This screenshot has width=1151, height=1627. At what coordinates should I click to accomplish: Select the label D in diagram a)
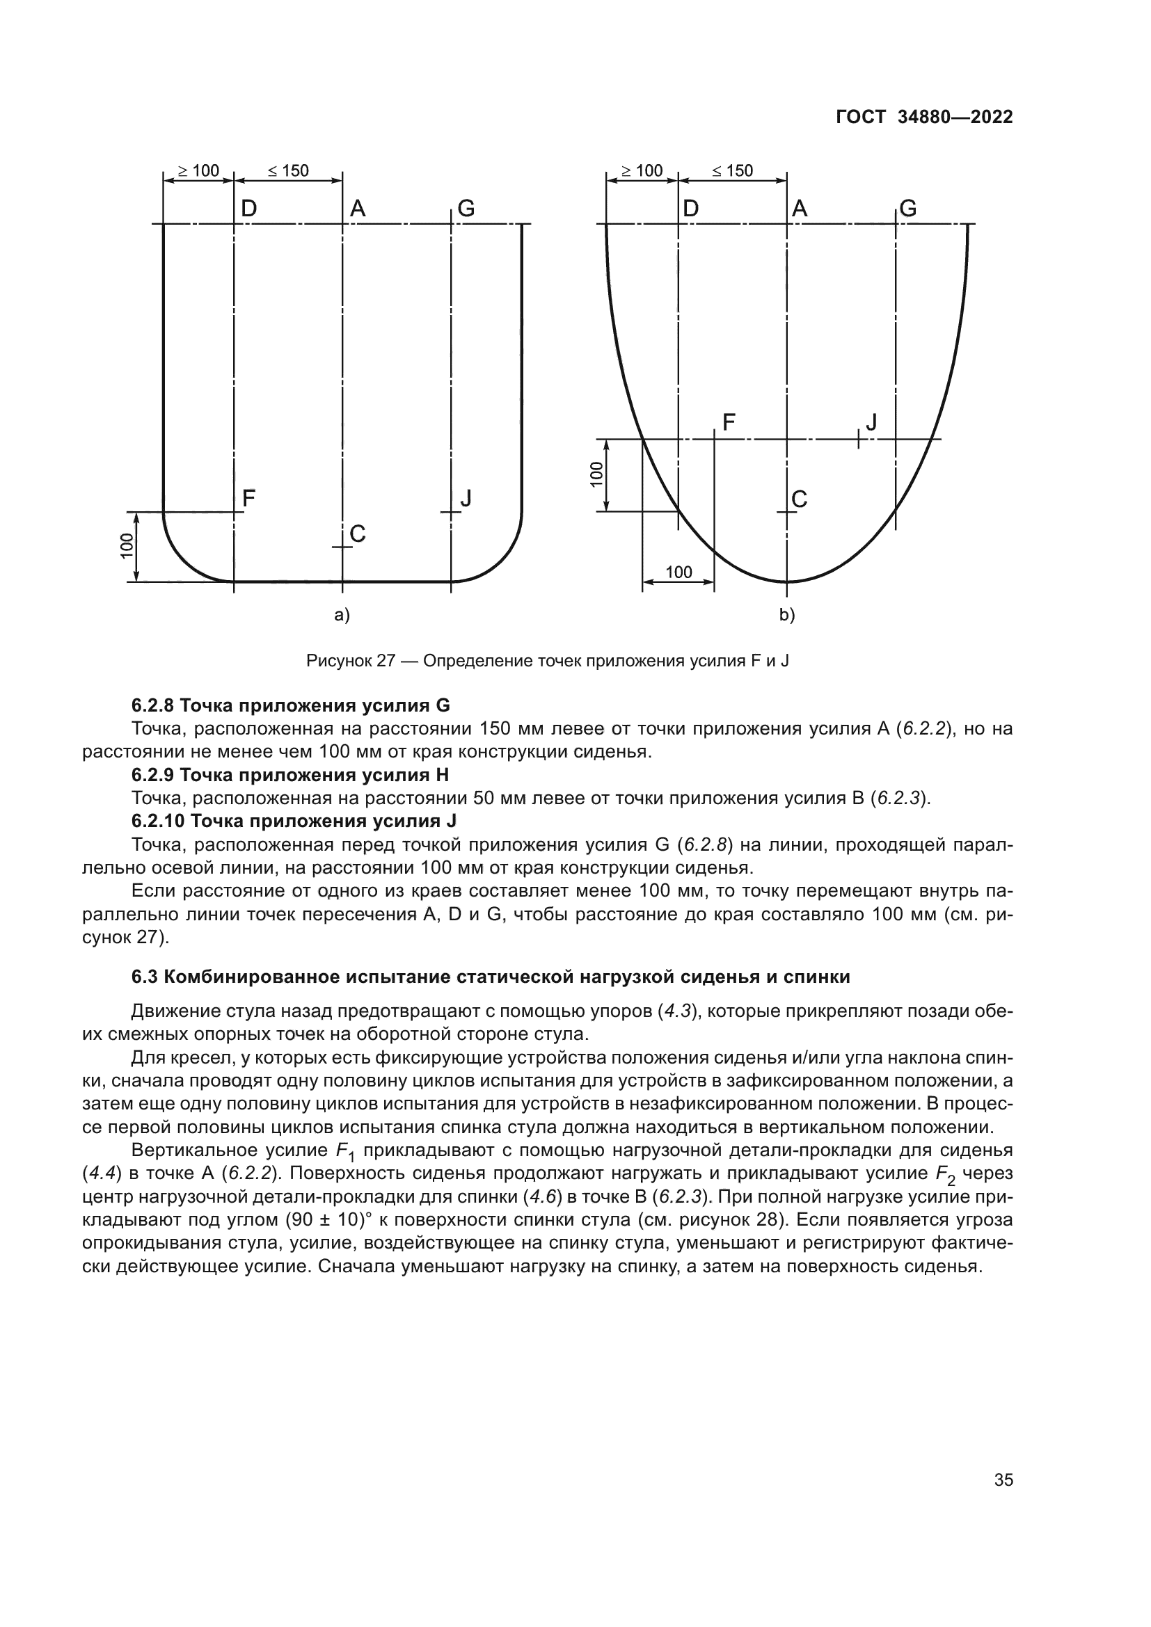click(x=248, y=209)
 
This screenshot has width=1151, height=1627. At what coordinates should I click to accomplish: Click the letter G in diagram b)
click(x=908, y=209)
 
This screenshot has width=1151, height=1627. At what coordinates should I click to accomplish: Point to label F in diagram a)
click(x=248, y=499)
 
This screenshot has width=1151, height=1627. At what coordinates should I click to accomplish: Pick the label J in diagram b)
click(x=872, y=423)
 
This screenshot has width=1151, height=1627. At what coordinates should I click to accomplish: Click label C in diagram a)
click(x=358, y=534)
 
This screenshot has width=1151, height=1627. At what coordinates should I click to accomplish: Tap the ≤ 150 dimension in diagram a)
click(x=289, y=171)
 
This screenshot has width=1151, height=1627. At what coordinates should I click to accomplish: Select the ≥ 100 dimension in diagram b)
click(x=642, y=171)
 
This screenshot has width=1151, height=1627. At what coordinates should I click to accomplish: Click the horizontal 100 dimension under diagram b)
click(x=679, y=572)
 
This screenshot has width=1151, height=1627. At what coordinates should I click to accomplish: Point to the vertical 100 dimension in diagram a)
click(x=126, y=546)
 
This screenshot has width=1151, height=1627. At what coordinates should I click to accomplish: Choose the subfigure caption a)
click(x=342, y=615)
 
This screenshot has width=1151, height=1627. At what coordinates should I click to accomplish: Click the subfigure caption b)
click(x=788, y=615)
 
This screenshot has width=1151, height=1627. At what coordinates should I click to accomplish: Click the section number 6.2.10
click(x=159, y=821)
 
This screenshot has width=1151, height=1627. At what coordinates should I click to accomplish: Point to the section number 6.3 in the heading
click(x=145, y=977)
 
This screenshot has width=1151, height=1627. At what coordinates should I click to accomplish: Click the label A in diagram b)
click(x=800, y=209)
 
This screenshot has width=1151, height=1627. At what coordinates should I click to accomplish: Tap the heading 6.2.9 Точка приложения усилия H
click(x=291, y=774)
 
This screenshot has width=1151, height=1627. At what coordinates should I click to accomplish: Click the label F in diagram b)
click(x=729, y=423)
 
